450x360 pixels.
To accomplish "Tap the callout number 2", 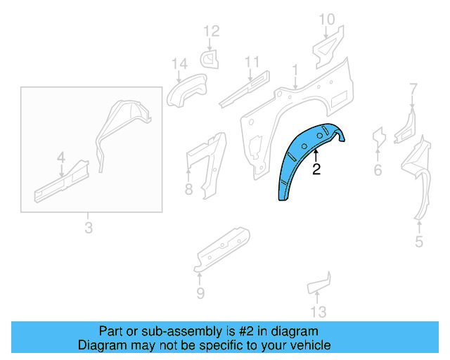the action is pyautogui.click(x=316, y=169).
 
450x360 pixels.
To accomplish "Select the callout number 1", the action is pyautogui.click(x=296, y=70).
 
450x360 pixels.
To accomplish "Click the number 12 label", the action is pyautogui.click(x=212, y=31).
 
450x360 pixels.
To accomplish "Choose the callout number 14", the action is pyautogui.click(x=179, y=65).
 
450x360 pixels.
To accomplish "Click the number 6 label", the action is pyautogui.click(x=378, y=169).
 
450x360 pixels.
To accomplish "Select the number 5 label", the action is pyautogui.click(x=419, y=243).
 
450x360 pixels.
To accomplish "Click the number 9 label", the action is pyautogui.click(x=200, y=293).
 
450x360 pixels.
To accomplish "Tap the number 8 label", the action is pyautogui.click(x=188, y=188).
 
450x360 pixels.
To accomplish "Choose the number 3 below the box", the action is pyautogui.click(x=88, y=227).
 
